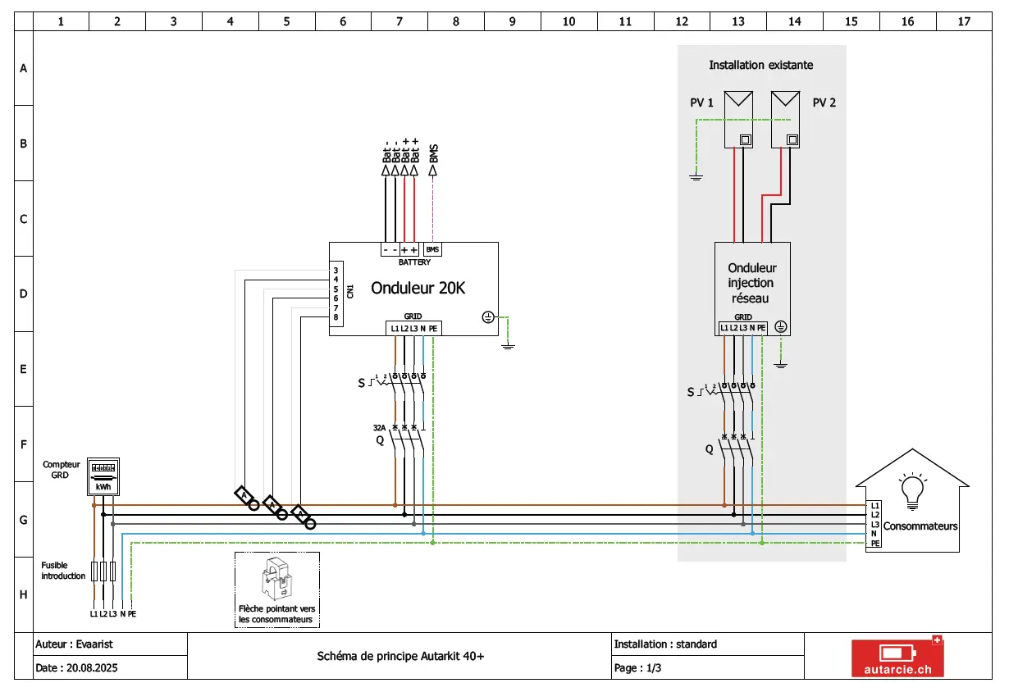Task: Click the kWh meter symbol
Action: (103, 477)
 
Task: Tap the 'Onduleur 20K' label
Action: (418, 288)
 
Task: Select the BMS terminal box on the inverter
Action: (432, 249)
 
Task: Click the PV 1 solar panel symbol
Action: (738, 120)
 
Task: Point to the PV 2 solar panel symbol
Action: (785, 120)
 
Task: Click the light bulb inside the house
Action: (912, 491)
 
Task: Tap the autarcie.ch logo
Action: (897, 657)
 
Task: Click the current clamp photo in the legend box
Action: (276, 579)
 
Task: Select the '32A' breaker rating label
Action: (379, 428)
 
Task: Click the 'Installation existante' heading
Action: (760, 66)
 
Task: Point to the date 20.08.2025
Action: (92, 667)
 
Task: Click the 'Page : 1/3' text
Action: (637, 667)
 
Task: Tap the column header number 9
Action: (512, 21)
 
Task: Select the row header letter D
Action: (24, 294)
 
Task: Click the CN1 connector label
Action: (350, 291)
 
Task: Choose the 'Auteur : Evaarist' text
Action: (75, 644)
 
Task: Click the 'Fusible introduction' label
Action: (63, 571)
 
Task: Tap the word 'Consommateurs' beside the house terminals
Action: (920, 526)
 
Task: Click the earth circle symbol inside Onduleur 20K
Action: (488, 317)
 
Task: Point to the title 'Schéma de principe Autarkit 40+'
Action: (400, 657)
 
